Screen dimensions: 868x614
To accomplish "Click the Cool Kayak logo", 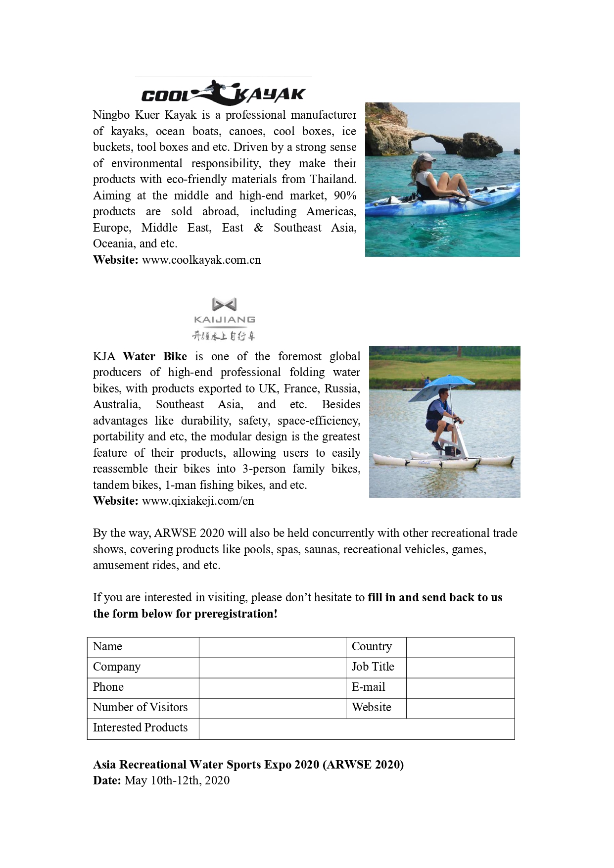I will pos(223,93).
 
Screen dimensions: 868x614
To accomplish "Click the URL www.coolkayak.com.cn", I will pos(201,260).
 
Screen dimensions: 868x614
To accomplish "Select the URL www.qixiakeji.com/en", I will pos(198,501).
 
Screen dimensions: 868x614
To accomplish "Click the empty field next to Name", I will pos(272,647).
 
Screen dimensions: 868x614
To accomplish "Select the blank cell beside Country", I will pos(460,647).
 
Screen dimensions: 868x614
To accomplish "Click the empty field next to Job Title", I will pos(460,668).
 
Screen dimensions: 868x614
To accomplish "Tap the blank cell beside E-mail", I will pos(460,688).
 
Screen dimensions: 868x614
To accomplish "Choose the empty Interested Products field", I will pos(356,729).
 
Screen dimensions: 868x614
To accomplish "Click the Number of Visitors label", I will pos(141,708).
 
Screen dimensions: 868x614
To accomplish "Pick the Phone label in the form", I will pos(108,687).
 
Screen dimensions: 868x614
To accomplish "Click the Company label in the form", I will pos(117,667).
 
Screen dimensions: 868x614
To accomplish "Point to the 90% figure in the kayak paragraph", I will pos(345,196).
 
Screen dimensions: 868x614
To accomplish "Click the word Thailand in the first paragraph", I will pos(332,180).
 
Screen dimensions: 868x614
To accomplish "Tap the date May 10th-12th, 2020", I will pos(177,781).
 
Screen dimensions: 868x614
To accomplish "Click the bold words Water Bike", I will pos(155,357).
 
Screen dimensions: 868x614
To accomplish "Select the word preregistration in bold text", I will pos(234,614).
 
